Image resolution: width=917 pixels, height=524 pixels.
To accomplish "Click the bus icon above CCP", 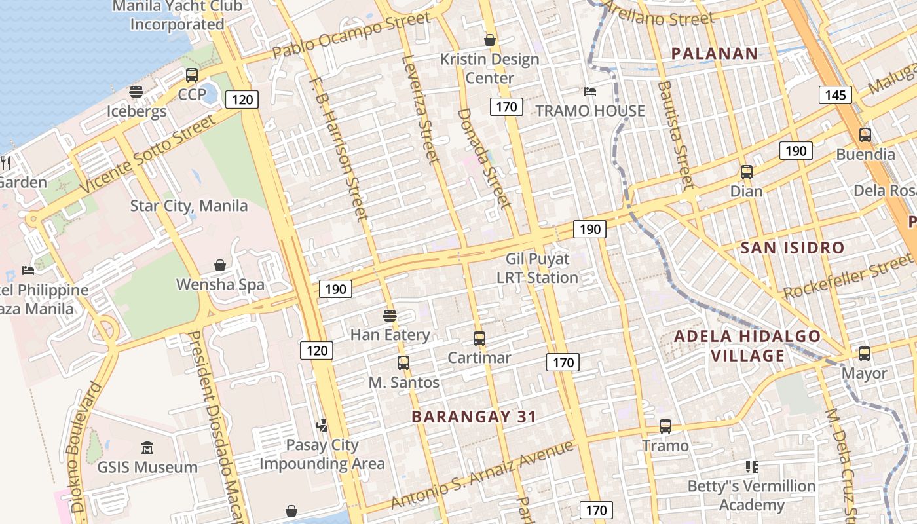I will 192,75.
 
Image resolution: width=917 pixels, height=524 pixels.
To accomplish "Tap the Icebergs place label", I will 137,111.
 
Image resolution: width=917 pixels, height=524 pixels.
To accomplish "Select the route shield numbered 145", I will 835,95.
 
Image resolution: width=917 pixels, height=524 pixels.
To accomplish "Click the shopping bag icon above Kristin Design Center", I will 489,40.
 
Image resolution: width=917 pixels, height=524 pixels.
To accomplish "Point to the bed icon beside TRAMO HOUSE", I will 590,92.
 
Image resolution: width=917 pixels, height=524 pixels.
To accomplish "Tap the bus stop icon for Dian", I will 746,172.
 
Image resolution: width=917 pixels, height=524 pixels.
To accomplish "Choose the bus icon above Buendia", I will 865,135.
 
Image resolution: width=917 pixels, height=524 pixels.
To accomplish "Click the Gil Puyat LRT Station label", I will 537,269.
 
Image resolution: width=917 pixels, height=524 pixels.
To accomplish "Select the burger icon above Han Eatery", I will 390,315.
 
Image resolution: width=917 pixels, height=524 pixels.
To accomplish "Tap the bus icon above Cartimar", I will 479,339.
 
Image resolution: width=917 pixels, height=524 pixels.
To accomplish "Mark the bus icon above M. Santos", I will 403,362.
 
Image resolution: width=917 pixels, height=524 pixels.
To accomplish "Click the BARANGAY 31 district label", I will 474,417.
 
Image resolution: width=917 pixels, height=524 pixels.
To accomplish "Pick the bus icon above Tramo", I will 665,426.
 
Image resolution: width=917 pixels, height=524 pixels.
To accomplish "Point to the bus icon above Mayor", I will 864,354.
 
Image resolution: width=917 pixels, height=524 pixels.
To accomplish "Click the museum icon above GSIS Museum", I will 147,448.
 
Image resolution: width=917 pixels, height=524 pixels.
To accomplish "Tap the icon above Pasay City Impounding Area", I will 322,426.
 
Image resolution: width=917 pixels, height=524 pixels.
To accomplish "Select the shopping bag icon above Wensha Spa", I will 220,265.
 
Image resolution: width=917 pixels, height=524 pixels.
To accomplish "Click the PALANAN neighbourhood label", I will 714,54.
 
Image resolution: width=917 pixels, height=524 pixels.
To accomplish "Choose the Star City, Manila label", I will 189,206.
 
